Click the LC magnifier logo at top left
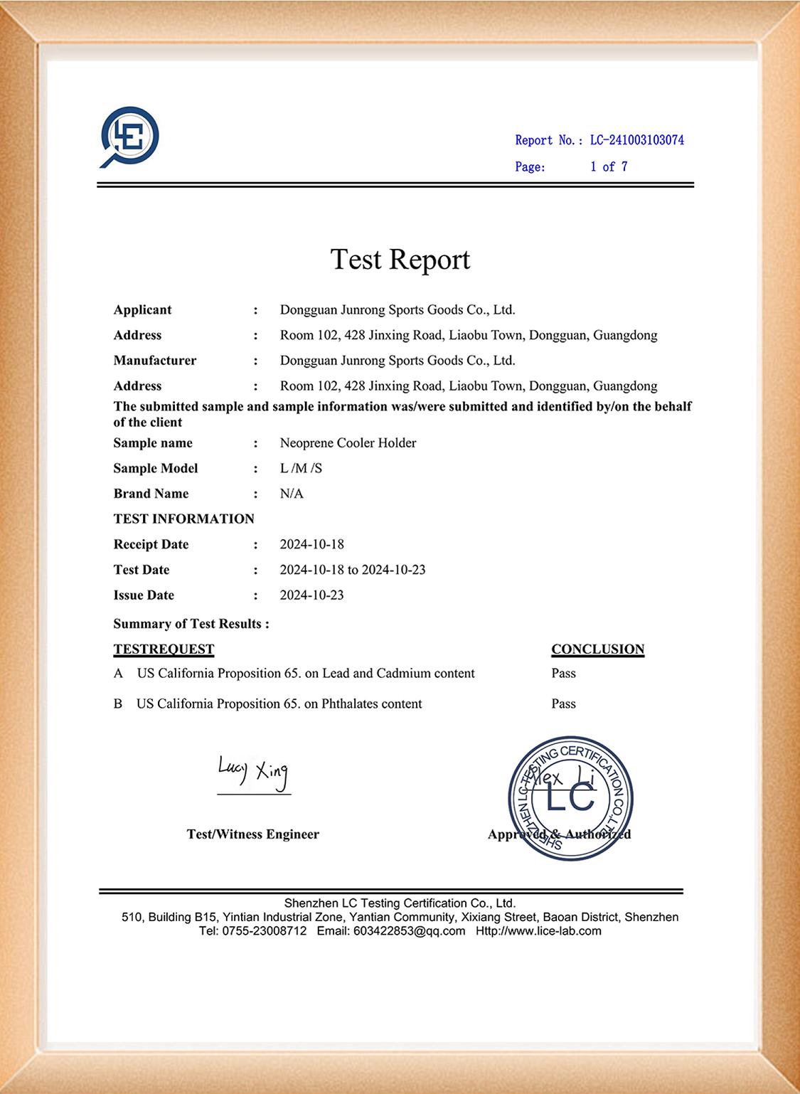tap(129, 137)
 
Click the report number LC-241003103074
tap(636, 140)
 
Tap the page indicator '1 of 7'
tap(609, 166)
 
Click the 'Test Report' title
tap(400, 259)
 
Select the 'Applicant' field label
tap(142, 309)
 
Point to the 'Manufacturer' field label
tap(155, 360)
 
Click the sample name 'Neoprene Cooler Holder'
tap(348, 442)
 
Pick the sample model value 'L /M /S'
tap(301, 468)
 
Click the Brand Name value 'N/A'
tap(292, 494)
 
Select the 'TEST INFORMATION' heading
tap(183, 519)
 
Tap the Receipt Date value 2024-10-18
tap(311, 544)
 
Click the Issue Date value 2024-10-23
tap(311, 595)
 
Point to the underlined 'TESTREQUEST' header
tap(164, 649)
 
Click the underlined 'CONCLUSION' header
tap(597, 649)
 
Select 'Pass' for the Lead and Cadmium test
tap(563, 673)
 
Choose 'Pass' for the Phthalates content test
tap(563, 703)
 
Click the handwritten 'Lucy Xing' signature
tap(253, 772)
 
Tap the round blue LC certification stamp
tap(570, 798)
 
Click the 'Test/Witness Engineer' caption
tap(252, 834)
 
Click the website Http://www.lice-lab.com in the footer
tap(538, 930)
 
